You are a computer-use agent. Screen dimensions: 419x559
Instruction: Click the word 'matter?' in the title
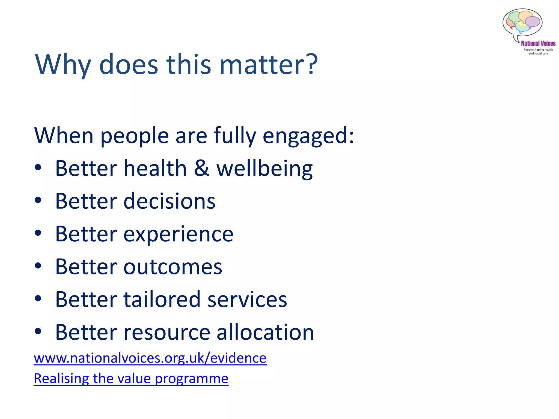point(269,64)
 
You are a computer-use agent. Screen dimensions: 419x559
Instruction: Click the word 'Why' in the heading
point(63,64)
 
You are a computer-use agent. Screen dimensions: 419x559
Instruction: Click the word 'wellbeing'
point(264,169)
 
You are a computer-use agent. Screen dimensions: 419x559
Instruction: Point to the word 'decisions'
point(169,201)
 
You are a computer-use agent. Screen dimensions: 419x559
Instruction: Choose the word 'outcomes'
point(173,267)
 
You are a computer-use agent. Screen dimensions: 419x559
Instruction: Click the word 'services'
point(247,299)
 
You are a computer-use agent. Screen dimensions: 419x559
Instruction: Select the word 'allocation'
point(265,332)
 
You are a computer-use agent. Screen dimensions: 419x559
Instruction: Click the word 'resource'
point(167,332)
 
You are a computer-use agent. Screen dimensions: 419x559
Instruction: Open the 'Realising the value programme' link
point(131,378)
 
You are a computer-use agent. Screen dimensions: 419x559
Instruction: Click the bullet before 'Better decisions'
point(38,200)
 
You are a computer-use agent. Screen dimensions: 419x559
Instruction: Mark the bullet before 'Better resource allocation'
point(38,331)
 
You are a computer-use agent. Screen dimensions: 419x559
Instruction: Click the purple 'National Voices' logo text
point(538,43)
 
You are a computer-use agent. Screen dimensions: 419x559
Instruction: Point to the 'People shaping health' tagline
point(538,50)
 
